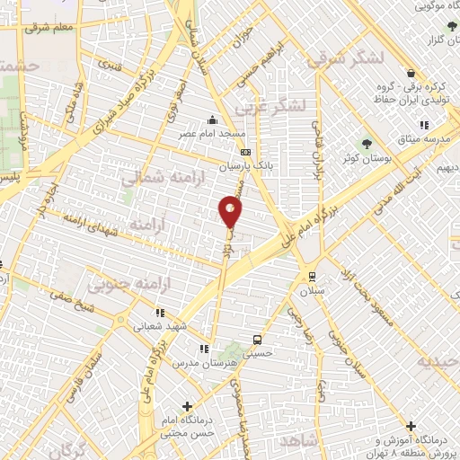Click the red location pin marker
pos(231,212)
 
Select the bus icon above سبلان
pos(312,277)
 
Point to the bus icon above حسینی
pos(258,341)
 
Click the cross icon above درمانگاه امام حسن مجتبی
pos(187,406)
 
